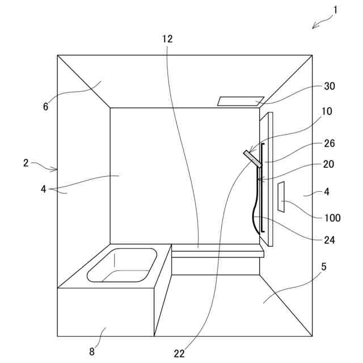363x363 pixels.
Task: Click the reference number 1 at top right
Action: pos(335,10)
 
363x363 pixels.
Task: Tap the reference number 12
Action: pos(167,39)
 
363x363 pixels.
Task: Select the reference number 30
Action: pos(330,86)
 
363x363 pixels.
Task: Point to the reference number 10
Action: pos(327,112)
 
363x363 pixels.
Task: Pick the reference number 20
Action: pos(330,164)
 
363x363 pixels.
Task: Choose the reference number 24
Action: pos(330,239)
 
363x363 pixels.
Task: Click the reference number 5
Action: pos(324,265)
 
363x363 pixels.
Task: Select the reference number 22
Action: pos(179,353)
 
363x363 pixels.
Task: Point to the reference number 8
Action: pos(92,351)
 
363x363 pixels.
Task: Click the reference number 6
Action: pos(45,106)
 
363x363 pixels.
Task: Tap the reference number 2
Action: pos(26,163)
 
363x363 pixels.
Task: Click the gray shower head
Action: pos(253,158)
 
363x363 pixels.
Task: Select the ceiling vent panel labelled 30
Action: pos(240,101)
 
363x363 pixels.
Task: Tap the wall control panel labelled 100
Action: pos(281,197)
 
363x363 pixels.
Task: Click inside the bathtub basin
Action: pos(122,265)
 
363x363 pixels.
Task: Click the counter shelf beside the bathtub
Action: pos(217,251)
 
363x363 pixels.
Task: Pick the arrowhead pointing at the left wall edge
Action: pos(55,169)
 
